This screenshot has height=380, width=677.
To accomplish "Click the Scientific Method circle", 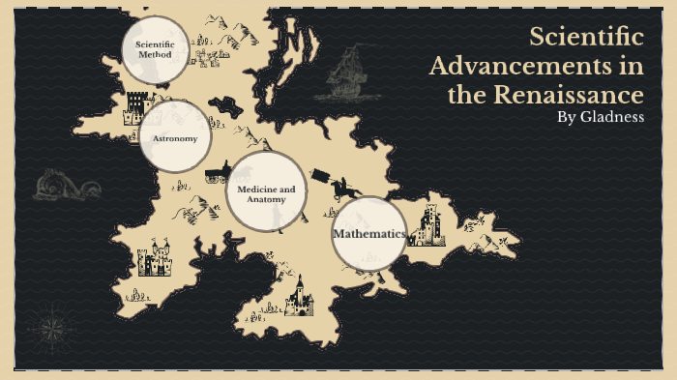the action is pyautogui.click(x=155, y=49).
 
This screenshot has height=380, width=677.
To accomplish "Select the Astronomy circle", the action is pyautogui.click(x=175, y=137).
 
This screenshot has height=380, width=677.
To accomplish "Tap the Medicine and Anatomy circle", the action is pyautogui.click(x=266, y=191).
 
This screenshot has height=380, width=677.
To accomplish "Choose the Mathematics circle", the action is pyautogui.click(x=368, y=234).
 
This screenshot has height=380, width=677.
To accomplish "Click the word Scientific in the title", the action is pyautogui.click(x=586, y=39).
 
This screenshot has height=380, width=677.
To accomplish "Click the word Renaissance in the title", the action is pyautogui.click(x=571, y=95).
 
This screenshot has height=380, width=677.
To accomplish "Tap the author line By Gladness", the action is pyautogui.click(x=601, y=117).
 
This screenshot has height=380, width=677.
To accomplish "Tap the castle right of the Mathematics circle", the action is pyautogui.click(x=427, y=227).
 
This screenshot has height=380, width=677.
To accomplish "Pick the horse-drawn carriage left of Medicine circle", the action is pyautogui.click(x=217, y=174).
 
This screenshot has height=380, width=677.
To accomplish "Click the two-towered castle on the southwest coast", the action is pyautogui.click(x=156, y=260).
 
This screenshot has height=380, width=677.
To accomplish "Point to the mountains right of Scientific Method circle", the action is pyautogui.click(x=232, y=34).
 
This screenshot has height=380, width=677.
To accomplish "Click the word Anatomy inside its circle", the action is pyautogui.click(x=266, y=199).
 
